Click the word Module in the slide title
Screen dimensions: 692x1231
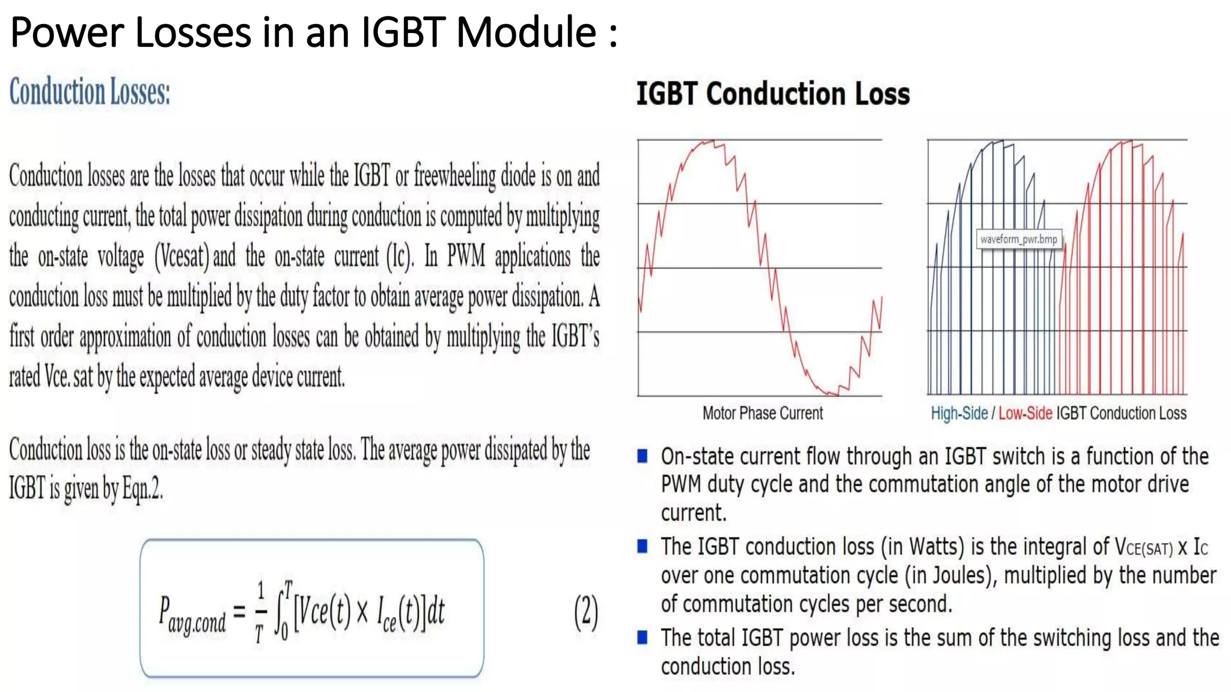click(526, 32)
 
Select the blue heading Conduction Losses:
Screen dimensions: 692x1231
click(90, 92)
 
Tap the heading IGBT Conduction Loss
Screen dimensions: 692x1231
click(772, 94)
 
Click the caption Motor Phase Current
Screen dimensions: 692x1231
click(762, 413)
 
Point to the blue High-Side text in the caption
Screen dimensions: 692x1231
click(959, 413)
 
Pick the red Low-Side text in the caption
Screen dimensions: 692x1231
click(1025, 413)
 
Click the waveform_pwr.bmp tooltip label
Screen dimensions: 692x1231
click(1018, 239)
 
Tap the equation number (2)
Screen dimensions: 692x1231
click(586, 612)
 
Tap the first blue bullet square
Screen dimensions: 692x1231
click(643, 456)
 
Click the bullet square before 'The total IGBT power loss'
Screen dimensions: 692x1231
click(643, 637)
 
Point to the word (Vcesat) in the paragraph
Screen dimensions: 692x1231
click(182, 256)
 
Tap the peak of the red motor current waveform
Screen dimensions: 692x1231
click(709, 143)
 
